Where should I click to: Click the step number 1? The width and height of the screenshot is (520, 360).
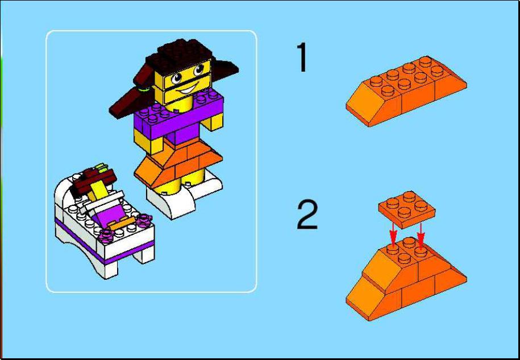(x=302, y=57)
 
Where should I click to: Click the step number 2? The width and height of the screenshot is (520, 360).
(x=307, y=214)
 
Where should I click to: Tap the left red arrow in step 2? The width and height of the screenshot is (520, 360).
(x=393, y=234)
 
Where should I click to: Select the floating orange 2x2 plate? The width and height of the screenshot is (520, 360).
(x=407, y=209)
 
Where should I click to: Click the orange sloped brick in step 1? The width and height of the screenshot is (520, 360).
(x=406, y=91)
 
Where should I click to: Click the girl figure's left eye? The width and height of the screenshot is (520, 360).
(x=176, y=78)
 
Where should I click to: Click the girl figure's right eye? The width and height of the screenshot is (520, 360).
(x=198, y=70)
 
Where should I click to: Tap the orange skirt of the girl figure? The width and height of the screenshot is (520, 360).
(x=178, y=162)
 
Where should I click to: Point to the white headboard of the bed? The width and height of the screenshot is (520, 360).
(x=65, y=192)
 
